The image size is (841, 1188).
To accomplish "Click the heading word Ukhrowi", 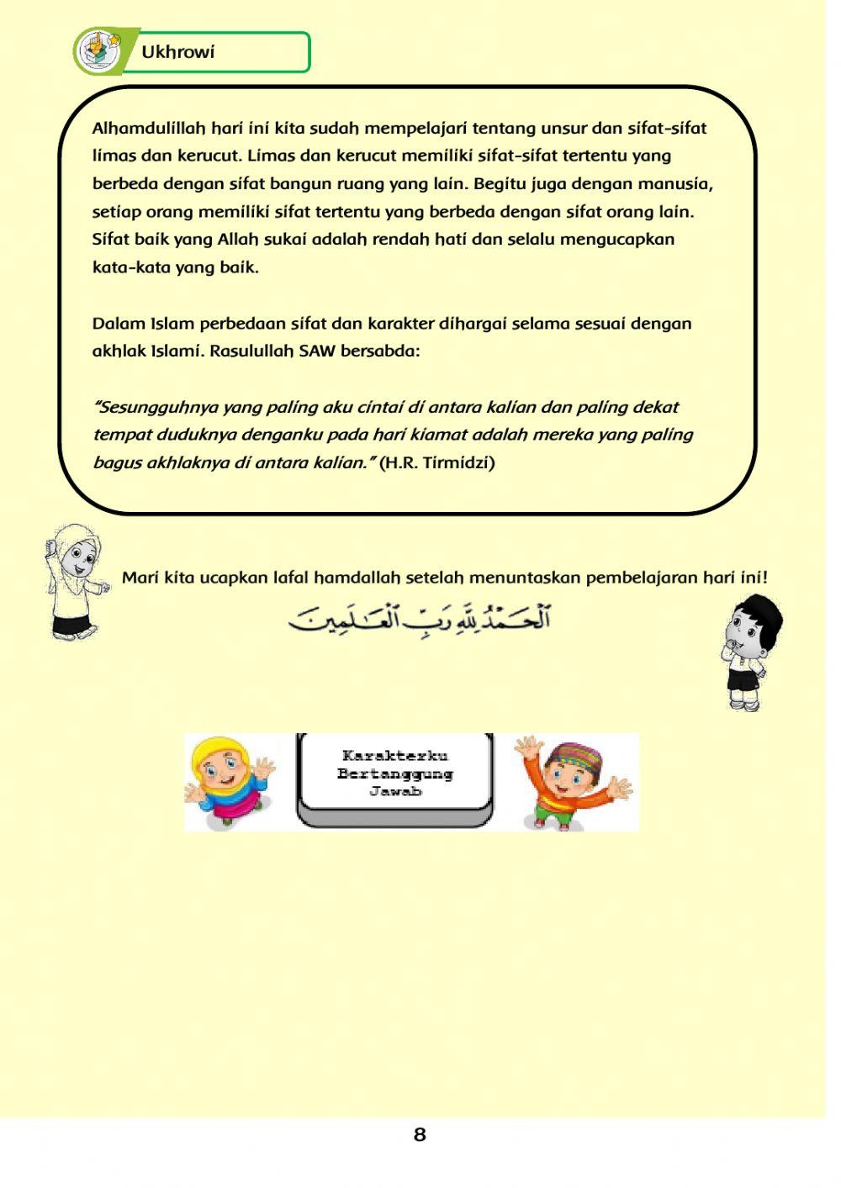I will pyautogui.click(x=177, y=52).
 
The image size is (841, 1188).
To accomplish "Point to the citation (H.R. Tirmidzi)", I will pyautogui.click(x=436, y=462).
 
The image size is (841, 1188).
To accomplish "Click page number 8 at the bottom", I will pyautogui.click(x=420, y=1135).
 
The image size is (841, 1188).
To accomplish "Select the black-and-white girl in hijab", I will pyautogui.click(x=76, y=580).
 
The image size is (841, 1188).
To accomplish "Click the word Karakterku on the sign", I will pyautogui.click(x=395, y=756).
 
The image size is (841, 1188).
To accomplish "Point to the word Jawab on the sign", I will pyautogui.click(x=395, y=791).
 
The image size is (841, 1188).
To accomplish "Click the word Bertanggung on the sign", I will pyautogui.click(x=395, y=774).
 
